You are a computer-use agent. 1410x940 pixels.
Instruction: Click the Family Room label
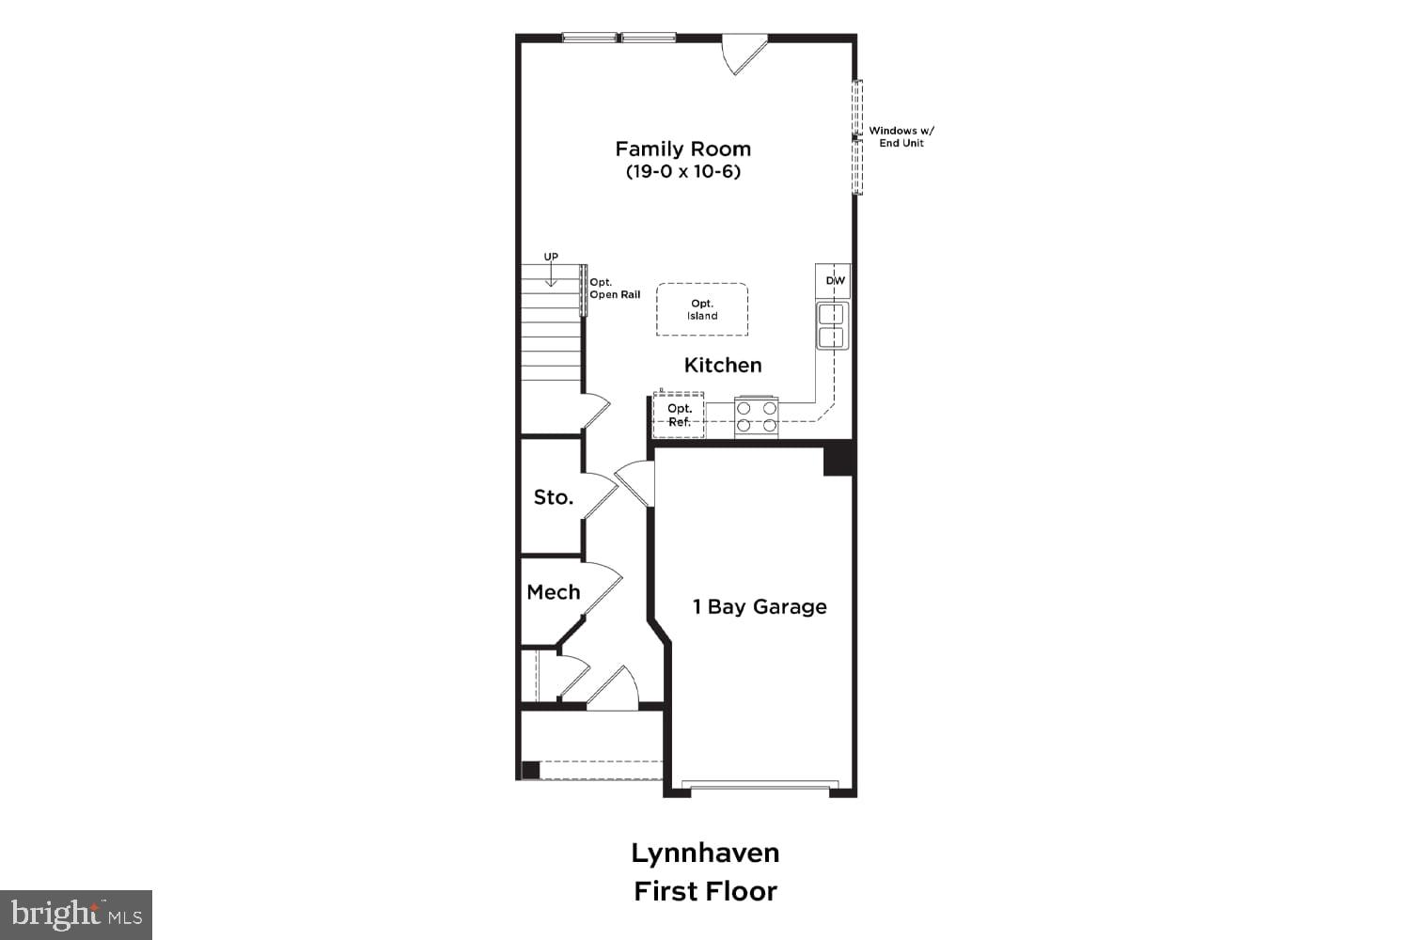(x=682, y=149)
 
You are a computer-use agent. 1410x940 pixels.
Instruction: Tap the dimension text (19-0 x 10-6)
(x=682, y=172)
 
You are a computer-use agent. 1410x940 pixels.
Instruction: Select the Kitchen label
(x=723, y=365)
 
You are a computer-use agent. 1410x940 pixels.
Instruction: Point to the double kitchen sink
(x=832, y=326)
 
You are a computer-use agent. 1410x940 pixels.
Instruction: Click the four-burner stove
(x=757, y=416)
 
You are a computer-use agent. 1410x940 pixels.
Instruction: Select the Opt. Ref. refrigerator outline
(x=679, y=415)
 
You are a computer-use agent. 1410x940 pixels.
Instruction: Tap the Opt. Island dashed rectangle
(x=702, y=309)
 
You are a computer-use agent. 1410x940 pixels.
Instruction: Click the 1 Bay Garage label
(x=760, y=607)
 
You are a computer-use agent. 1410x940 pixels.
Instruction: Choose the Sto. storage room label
(x=553, y=497)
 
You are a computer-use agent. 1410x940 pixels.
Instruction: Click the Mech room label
(x=553, y=592)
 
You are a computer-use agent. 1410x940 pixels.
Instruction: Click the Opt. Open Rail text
(x=614, y=289)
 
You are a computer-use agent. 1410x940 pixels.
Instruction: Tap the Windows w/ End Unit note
(x=901, y=137)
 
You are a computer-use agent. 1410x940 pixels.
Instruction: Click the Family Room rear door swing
(x=744, y=53)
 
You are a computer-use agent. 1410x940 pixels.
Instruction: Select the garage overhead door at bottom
(x=760, y=786)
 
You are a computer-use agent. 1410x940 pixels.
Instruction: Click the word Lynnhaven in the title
(x=705, y=854)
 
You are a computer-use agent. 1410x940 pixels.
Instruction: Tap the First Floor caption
(x=705, y=891)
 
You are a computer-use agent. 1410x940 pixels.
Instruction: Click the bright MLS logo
(x=76, y=915)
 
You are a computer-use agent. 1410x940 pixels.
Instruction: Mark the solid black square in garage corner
(x=838, y=461)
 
